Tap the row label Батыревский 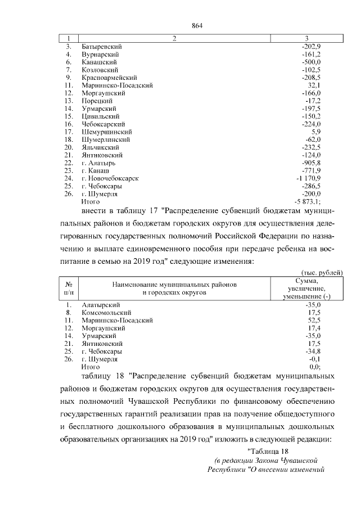(x=102, y=46)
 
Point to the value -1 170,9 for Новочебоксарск (x=307, y=178)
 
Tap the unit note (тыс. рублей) (x=322, y=273)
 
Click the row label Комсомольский (x=106, y=312)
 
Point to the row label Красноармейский (x=110, y=77)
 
